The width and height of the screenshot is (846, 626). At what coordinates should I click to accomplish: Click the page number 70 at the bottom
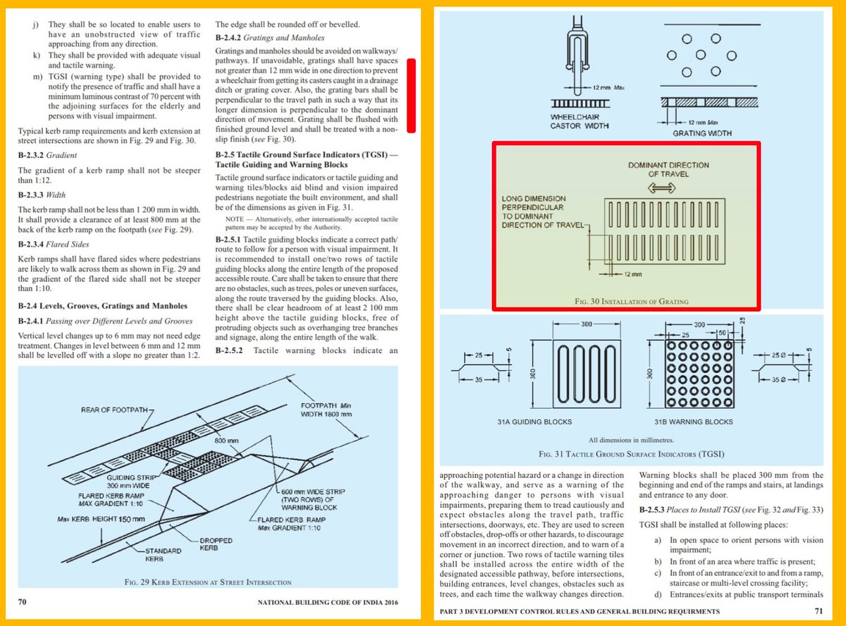22,603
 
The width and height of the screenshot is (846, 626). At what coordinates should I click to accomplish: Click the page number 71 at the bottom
819,610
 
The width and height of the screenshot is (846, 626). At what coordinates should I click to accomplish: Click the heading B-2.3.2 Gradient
47,155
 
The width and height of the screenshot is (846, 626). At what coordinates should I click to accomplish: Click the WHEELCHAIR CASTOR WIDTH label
579,121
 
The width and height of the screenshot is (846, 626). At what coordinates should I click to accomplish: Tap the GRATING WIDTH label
702,133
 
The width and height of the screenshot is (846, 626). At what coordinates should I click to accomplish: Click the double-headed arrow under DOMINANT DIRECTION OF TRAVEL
658,188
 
